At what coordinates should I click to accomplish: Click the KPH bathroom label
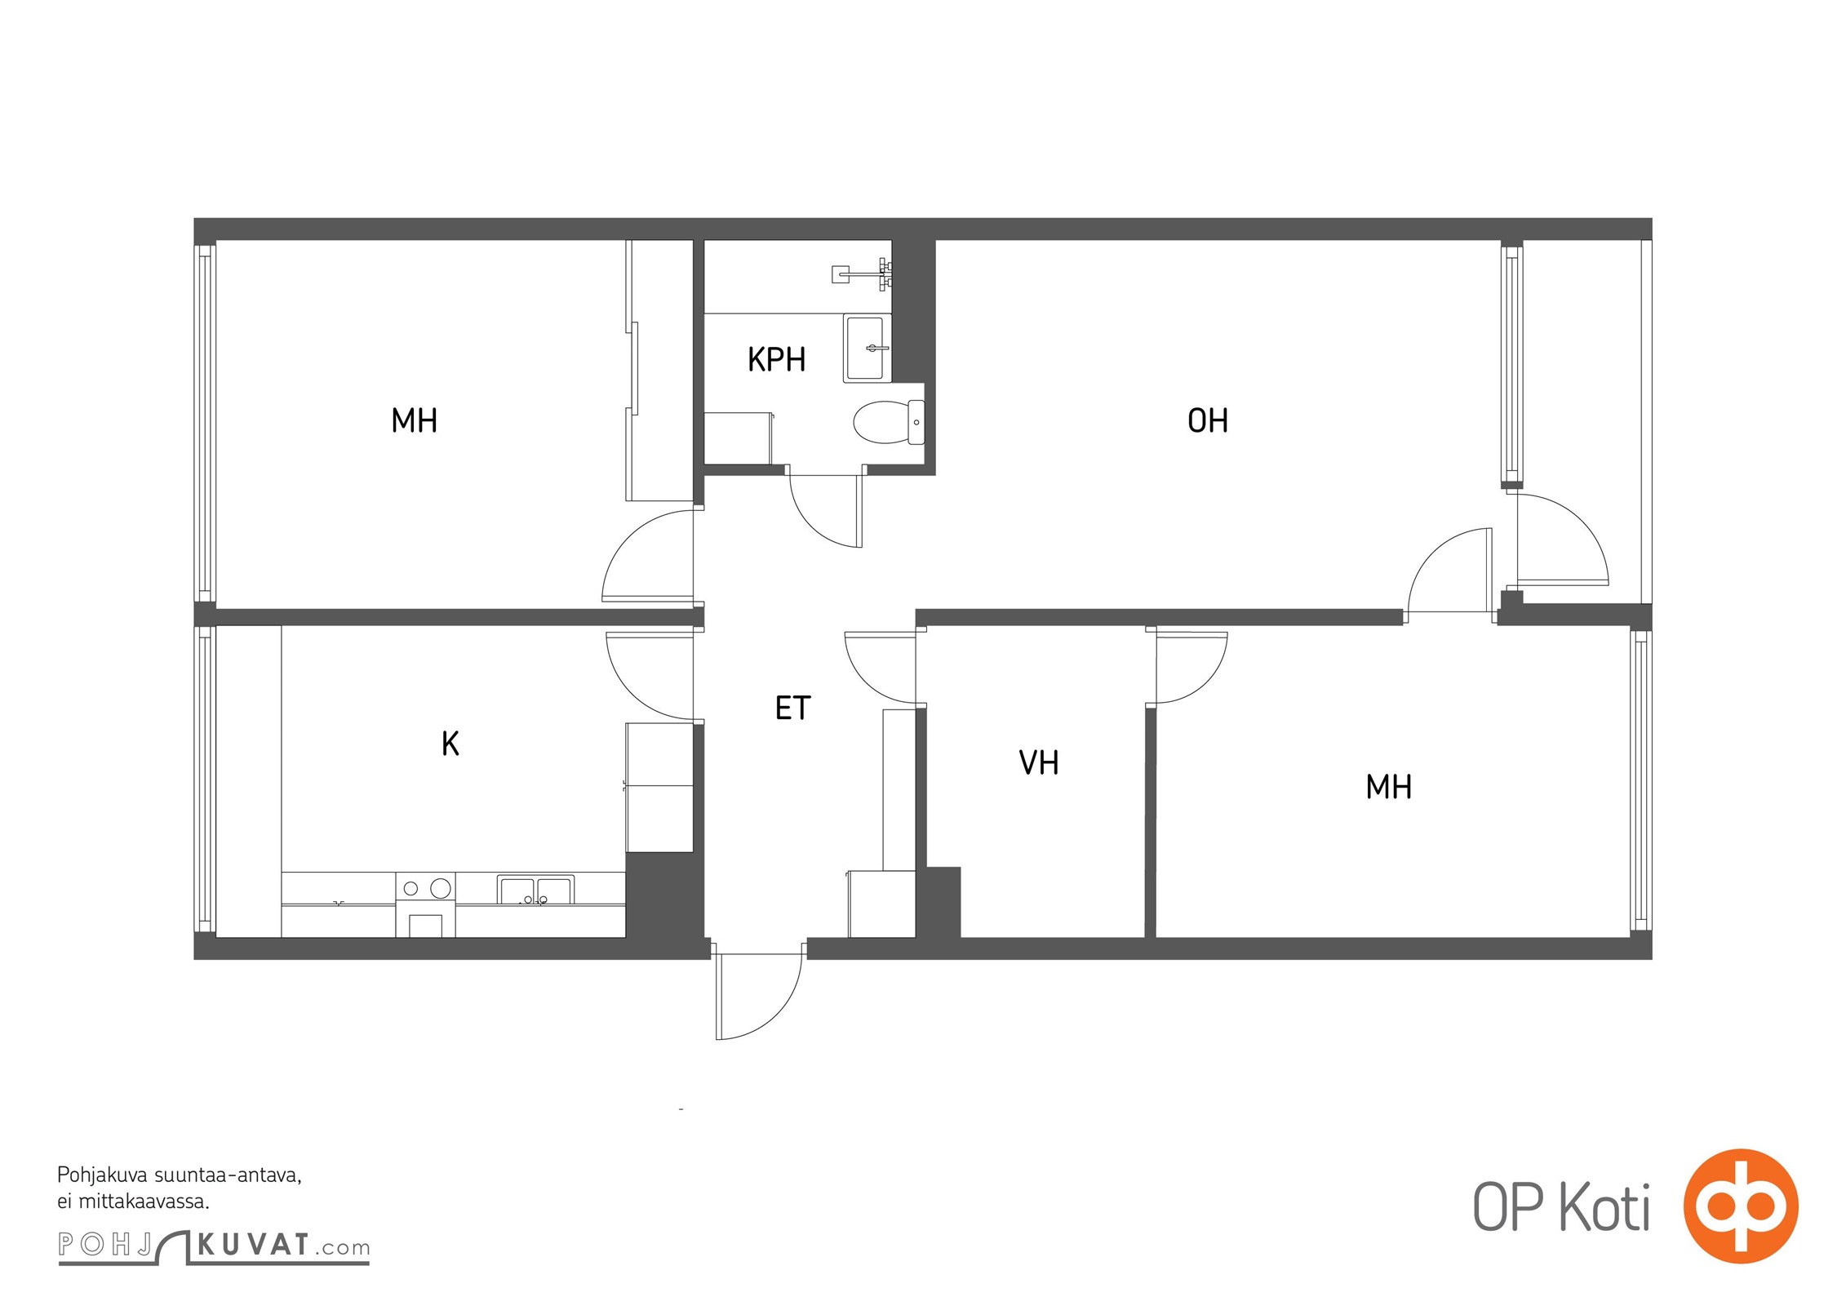coord(776,359)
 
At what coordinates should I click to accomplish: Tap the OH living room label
coord(1207,420)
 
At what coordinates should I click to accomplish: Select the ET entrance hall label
coord(792,708)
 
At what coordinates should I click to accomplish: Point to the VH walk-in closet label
coord(1038,762)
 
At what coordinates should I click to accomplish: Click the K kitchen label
coord(450,744)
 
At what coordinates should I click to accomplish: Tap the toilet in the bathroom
coord(889,422)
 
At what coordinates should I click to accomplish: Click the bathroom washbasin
coord(868,349)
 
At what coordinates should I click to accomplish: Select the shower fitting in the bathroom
coord(862,273)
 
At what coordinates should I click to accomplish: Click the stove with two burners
coord(425,904)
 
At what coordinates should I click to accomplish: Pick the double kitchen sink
coord(535,889)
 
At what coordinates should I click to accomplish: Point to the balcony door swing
coord(1562,540)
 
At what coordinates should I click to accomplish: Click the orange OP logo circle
coord(1741,1206)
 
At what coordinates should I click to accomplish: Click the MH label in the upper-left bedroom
coord(414,420)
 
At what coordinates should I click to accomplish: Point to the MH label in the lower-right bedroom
coord(1388,787)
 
